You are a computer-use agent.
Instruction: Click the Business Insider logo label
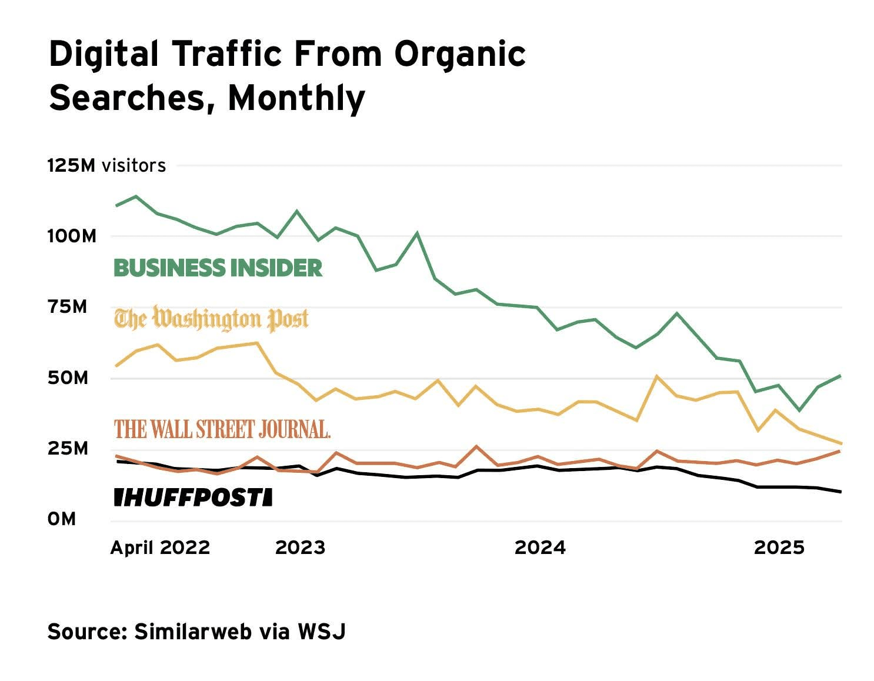218,268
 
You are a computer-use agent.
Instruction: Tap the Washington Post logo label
211,319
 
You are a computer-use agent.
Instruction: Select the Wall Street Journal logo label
222,429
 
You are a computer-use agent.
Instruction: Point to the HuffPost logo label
193,498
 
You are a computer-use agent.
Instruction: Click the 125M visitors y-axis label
106,166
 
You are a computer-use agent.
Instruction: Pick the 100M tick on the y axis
72,236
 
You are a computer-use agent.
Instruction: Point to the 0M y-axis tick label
62,519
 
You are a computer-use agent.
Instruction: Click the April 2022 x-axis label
160,548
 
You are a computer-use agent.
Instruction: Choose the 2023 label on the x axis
300,548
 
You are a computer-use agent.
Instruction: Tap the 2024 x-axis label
540,548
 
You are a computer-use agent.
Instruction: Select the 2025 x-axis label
779,548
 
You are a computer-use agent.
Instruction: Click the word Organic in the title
460,54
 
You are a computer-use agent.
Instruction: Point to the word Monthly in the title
296,98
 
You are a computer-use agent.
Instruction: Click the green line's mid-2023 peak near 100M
417,233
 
